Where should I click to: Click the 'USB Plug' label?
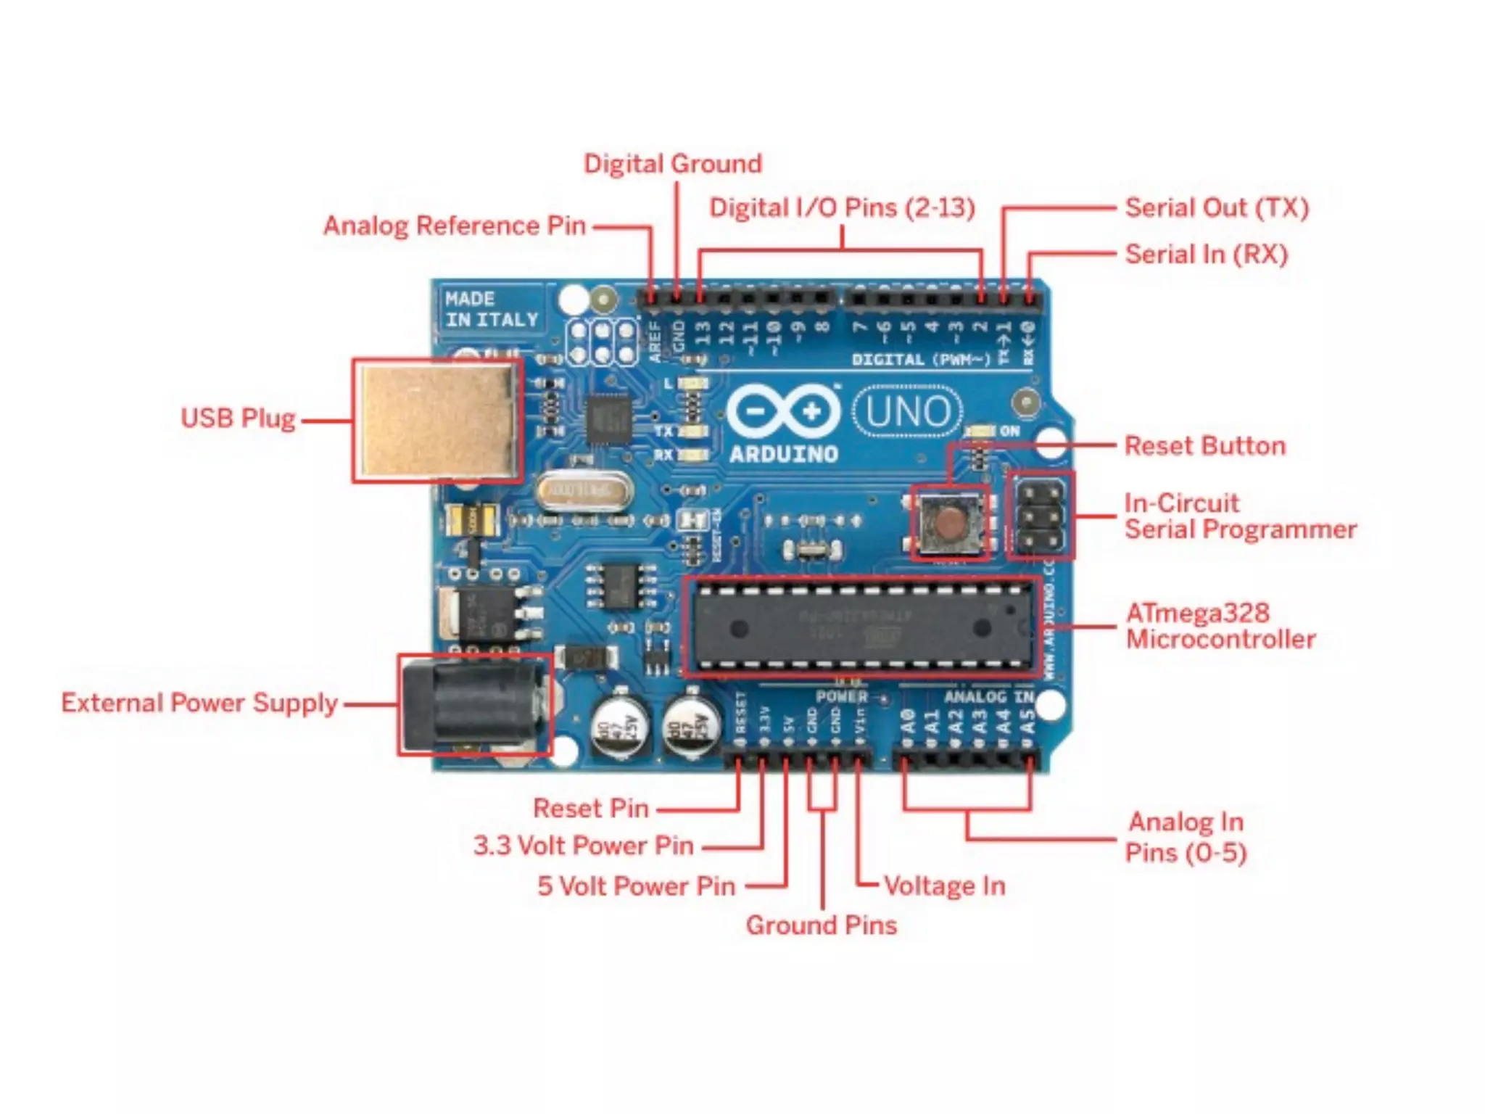[238, 418]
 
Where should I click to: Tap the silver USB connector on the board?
[438, 420]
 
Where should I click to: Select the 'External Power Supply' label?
[199, 703]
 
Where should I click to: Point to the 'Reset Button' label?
[1204, 445]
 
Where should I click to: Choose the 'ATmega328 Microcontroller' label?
[1220, 626]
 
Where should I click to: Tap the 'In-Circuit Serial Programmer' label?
[1240, 516]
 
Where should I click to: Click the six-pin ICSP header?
[1041, 516]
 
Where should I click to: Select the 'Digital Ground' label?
[673, 164]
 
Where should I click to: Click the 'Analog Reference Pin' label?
[455, 226]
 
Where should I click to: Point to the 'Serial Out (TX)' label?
[1217, 208]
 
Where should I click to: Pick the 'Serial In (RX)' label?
[1206, 255]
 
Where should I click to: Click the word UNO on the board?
[908, 411]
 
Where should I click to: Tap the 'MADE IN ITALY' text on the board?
[491, 309]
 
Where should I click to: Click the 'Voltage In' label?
[944, 886]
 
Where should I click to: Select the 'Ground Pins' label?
[822, 925]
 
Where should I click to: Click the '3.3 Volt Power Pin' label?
[584, 846]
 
